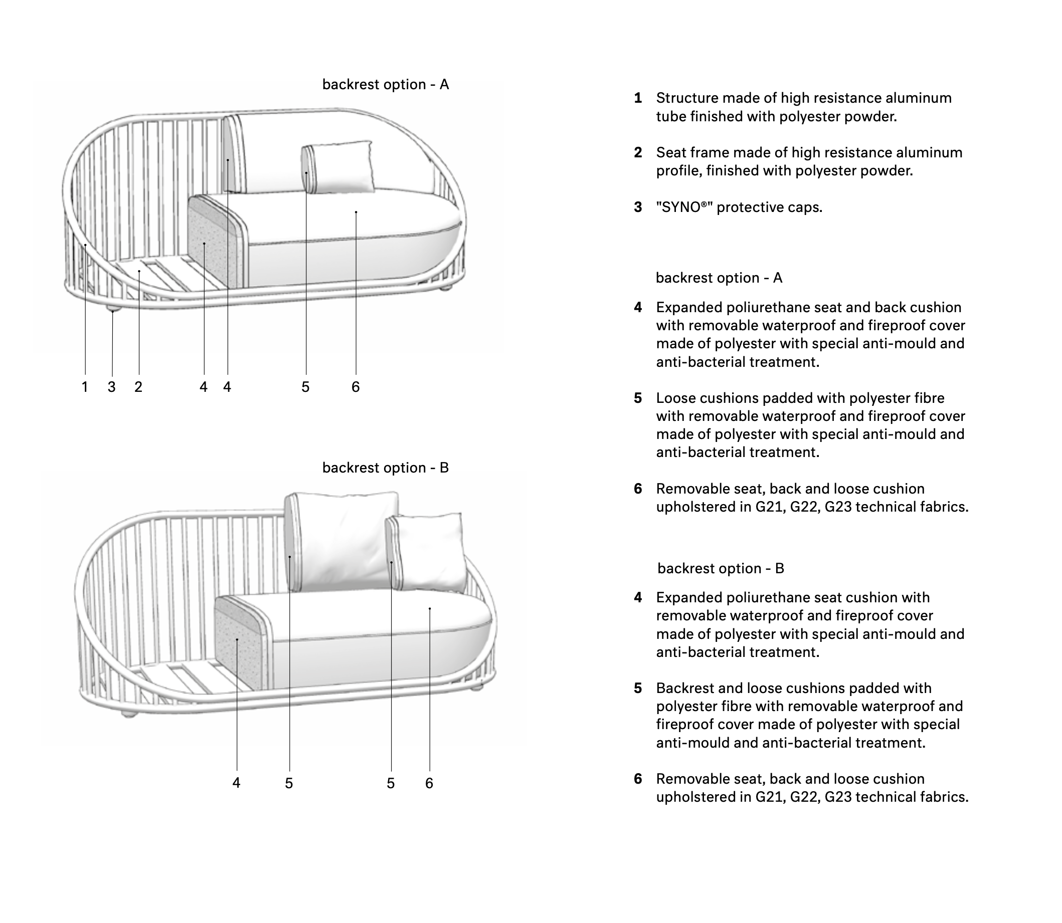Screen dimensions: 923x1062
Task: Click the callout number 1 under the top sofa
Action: coord(85,387)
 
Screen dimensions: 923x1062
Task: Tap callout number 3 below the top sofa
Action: coord(112,387)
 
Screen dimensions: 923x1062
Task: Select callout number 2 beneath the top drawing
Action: coord(138,387)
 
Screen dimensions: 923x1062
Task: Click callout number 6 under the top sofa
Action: coord(356,387)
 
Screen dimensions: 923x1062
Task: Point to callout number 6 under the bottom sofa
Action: coord(429,783)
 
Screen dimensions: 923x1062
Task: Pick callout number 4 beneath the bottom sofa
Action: coord(237,783)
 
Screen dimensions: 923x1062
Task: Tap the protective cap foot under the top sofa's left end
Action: coord(114,309)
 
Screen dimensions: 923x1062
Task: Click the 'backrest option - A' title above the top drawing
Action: coord(386,85)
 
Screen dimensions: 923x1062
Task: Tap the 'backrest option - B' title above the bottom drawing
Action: coord(386,468)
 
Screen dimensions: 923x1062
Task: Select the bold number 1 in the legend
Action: coord(638,98)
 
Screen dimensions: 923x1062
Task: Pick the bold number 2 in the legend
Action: coord(638,152)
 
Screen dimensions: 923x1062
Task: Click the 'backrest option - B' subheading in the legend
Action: coord(721,569)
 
